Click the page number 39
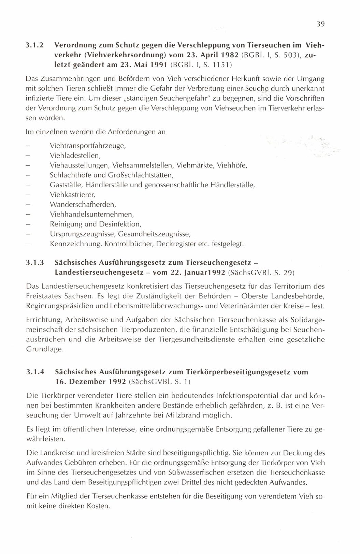point(320,24)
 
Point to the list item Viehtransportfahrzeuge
point(88,146)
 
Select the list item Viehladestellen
point(75,156)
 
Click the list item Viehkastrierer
point(72,195)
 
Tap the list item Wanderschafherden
point(83,205)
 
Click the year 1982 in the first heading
point(227,55)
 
